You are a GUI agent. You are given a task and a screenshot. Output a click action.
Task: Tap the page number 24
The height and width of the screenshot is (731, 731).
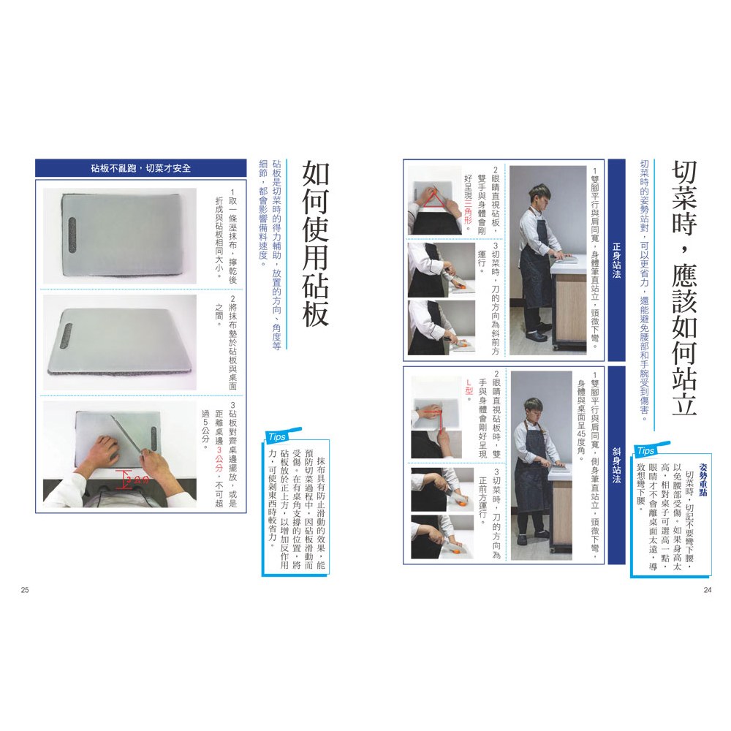[x=706, y=590]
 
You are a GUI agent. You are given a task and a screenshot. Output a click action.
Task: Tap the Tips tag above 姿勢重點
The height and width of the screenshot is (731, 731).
[x=647, y=450]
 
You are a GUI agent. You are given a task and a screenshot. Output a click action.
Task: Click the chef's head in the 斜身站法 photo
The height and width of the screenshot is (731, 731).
[x=534, y=406]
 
